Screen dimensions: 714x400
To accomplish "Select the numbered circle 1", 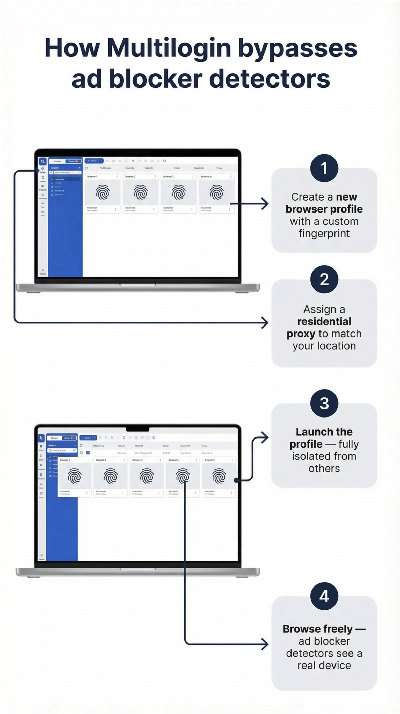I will (324, 168).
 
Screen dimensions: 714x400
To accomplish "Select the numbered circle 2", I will (324, 279).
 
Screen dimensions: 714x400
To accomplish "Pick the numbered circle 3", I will (324, 403).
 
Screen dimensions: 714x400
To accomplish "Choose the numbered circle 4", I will (324, 596).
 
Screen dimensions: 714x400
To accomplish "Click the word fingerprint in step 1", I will (324, 234).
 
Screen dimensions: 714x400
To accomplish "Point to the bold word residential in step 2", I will (324, 322).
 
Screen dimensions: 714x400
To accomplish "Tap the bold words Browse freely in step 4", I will (317, 629).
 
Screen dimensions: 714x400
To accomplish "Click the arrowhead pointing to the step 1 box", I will (265, 204).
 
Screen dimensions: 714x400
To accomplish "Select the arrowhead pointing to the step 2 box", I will (265, 323).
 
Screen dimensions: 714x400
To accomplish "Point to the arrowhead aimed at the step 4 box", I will (265, 644).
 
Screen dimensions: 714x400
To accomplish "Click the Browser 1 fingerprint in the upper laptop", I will (103, 192).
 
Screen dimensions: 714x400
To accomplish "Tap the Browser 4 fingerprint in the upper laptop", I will (216, 192).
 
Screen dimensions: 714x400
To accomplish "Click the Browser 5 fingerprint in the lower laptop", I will (219, 476).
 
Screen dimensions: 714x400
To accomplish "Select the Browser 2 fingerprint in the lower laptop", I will (111, 476).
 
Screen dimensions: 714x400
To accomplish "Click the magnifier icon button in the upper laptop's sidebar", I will (43, 161).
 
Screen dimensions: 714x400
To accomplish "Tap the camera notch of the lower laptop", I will (137, 429).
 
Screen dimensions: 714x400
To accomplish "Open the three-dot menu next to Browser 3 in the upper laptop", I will (193, 176).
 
